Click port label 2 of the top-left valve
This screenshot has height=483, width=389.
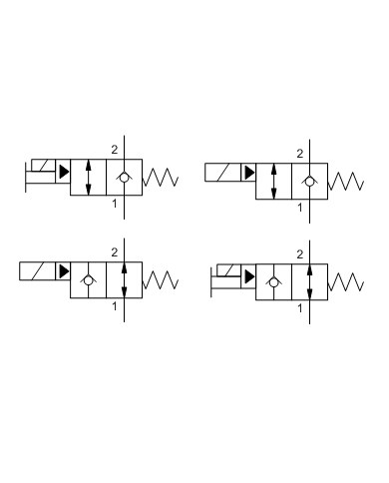[115, 147]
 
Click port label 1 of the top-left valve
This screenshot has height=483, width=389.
[115, 204]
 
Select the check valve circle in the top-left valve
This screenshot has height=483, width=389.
[125, 177]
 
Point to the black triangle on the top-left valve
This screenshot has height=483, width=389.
[64, 171]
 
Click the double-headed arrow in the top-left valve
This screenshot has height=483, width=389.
[89, 177]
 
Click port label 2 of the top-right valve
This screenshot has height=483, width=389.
[299, 152]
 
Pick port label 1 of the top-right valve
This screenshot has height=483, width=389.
[299, 208]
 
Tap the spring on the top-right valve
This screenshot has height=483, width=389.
[345, 182]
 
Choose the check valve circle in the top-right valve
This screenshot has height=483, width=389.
[309, 182]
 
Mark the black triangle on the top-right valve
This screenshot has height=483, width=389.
[248, 172]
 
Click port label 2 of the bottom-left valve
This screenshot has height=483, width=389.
[115, 249]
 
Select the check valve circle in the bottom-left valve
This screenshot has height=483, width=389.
[89, 280]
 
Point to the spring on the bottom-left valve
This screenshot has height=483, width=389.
[161, 280]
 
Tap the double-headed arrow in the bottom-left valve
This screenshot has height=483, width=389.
[125, 280]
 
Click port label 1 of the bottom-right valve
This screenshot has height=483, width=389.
[300, 308]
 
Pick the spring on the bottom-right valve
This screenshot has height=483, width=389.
[345, 280]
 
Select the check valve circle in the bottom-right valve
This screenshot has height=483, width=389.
[273, 281]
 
